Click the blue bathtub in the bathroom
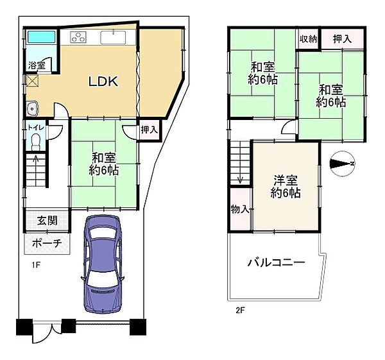tap(38, 37)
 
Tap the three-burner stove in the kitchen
tap(79, 37)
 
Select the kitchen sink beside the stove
tap(114, 37)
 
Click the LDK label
tap(103, 81)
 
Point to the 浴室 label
tap(36, 65)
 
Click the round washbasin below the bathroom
tap(32, 108)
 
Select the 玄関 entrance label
tap(46, 221)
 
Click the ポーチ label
tap(47, 243)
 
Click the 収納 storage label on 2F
tap(308, 40)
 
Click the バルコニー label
tap(276, 263)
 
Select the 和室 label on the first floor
tap(103, 163)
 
